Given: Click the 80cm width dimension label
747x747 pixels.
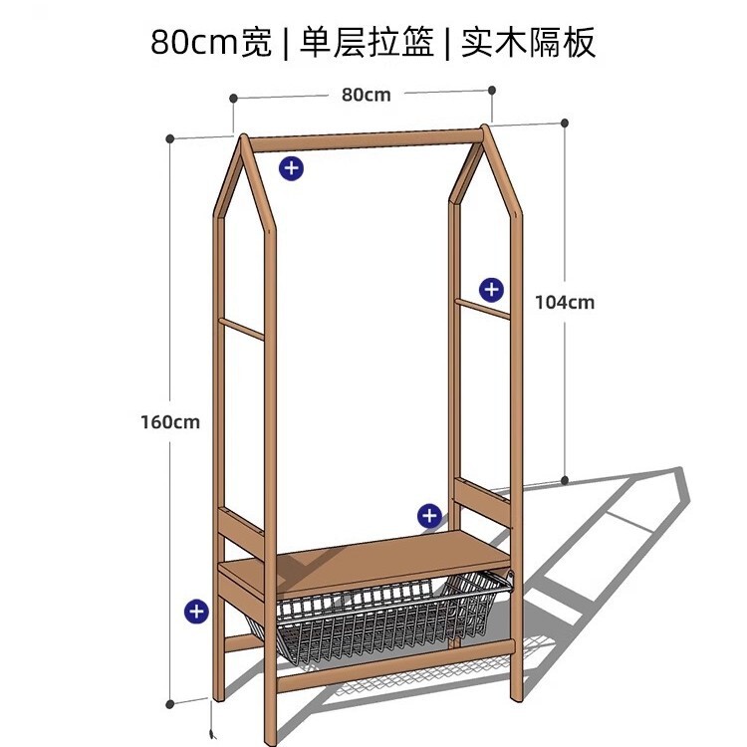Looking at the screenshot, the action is click(x=366, y=96).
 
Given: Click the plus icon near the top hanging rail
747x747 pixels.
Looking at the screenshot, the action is click(x=291, y=168).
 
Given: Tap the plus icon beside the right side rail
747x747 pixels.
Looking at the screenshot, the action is click(x=491, y=290).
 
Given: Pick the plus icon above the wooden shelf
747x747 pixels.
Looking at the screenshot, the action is click(x=428, y=515).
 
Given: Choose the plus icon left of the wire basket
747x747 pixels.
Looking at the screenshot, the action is click(x=196, y=611).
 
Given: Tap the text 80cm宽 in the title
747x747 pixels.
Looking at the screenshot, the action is click(x=211, y=43).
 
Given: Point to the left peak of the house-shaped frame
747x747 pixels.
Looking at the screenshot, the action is click(x=243, y=137).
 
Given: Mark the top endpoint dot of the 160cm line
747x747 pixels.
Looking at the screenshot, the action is click(x=172, y=138).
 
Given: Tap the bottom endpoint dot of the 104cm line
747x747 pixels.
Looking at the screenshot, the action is click(x=565, y=480).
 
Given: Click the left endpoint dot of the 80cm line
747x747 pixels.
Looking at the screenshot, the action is click(x=234, y=99).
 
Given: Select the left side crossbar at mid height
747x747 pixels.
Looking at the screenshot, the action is click(x=242, y=330).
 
